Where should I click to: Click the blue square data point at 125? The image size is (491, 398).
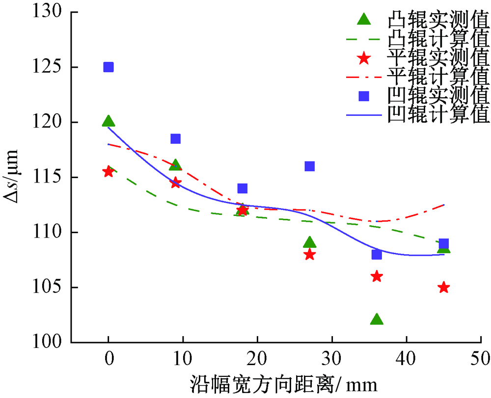[x=109, y=67]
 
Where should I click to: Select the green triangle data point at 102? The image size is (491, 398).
[x=377, y=319]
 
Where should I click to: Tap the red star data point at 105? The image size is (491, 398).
[x=444, y=288]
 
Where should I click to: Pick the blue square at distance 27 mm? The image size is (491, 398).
[x=309, y=166]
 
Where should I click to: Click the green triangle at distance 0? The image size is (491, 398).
[x=109, y=122]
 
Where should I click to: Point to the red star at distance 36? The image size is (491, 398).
[x=377, y=276]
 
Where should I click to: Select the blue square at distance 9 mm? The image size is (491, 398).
[x=175, y=139]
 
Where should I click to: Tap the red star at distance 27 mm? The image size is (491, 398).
[x=309, y=254]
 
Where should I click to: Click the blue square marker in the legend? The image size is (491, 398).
[x=364, y=96]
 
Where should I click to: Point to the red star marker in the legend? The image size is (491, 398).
[x=364, y=58]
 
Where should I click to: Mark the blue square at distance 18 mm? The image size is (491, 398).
[x=242, y=188]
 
